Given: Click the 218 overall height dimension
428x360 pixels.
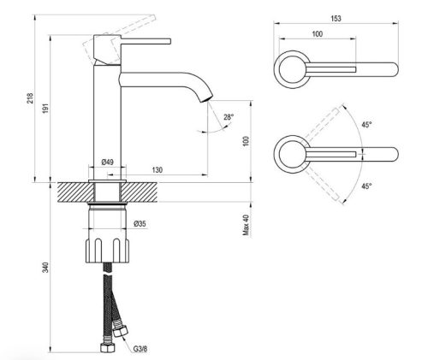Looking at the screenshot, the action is click(x=30, y=97).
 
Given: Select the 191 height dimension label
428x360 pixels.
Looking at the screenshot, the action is click(x=46, y=109).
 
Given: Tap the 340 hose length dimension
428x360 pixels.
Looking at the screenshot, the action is click(x=45, y=268).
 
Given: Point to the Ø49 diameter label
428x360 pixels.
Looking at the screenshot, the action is click(x=108, y=162).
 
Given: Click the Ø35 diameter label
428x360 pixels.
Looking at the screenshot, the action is click(x=140, y=224).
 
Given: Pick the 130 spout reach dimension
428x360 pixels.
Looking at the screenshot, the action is click(x=158, y=170).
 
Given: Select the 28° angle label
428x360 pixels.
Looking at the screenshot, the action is click(x=229, y=117).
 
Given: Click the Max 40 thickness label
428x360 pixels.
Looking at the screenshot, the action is click(x=246, y=225).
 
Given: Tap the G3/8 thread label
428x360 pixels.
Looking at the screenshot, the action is click(x=140, y=349).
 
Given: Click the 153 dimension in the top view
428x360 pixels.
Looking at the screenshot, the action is click(x=336, y=19).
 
